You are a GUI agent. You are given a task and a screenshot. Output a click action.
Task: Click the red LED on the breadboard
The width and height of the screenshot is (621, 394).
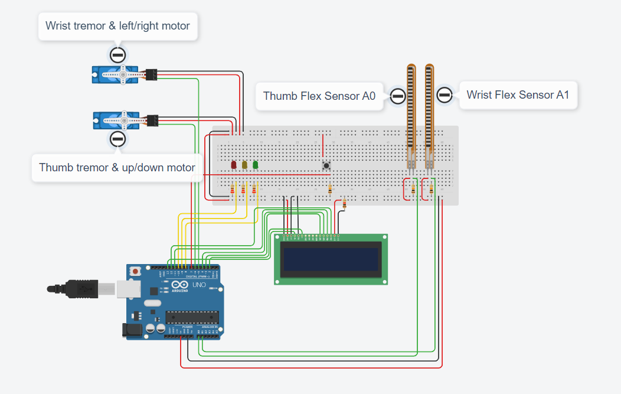pyautogui.click(x=233, y=165)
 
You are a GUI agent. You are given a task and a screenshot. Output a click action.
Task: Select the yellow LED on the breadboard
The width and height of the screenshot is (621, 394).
pyautogui.click(x=244, y=165)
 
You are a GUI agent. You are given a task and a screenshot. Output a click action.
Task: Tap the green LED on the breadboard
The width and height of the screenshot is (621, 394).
pyautogui.click(x=255, y=165)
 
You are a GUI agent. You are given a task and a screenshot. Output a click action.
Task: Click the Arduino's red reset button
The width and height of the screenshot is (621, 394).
pyautogui.click(x=136, y=272)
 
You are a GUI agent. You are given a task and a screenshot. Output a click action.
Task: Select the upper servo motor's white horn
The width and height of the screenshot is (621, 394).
pyautogui.click(x=123, y=74)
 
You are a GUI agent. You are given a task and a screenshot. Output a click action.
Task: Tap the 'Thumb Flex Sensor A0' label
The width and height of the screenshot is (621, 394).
pyautogui.click(x=319, y=96)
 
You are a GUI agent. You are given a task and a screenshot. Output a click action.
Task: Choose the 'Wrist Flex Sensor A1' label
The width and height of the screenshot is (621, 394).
pyautogui.click(x=518, y=95)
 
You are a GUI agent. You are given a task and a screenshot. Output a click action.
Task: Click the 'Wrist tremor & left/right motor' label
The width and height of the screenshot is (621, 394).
pyautogui.click(x=117, y=26)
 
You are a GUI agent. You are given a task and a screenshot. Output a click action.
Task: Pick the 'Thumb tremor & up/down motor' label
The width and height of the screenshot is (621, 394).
pyautogui.click(x=117, y=167)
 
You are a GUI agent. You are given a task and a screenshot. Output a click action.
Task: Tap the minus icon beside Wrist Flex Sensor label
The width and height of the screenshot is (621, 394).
pyautogui.click(x=444, y=95)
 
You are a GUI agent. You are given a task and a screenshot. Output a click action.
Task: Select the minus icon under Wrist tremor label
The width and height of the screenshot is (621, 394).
pyautogui.click(x=117, y=55)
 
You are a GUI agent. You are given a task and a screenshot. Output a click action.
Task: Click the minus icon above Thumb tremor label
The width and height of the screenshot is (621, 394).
pyautogui.click(x=117, y=139)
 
